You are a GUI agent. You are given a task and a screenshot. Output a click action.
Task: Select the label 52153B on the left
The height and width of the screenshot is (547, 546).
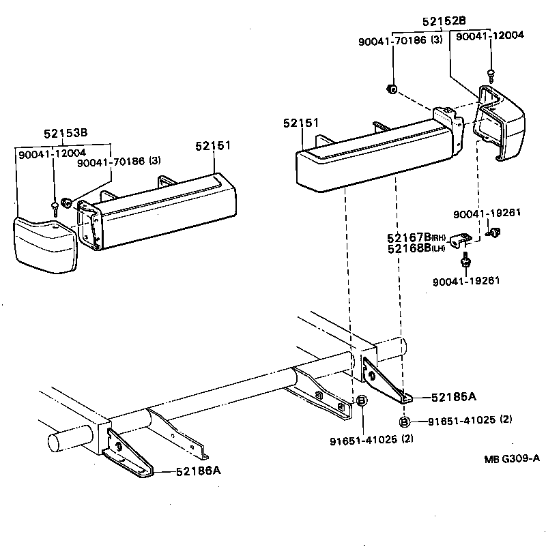click(66, 133)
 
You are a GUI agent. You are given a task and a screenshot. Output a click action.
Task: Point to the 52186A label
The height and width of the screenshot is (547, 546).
click(199, 470)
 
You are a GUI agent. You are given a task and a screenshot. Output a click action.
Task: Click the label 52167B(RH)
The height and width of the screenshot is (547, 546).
click(416, 237)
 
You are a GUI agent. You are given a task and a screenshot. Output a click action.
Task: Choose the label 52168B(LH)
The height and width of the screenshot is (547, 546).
click(416, 248)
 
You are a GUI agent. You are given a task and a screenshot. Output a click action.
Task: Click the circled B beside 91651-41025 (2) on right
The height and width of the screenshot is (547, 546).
click(405, 422)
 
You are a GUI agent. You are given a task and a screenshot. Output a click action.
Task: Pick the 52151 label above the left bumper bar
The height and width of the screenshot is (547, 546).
click(213, 145)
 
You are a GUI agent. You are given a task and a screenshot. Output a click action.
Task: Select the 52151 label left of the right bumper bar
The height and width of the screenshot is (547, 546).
click(301, 123)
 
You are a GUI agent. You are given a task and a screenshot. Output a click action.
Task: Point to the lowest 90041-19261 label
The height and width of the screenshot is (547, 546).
click(466, 280)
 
